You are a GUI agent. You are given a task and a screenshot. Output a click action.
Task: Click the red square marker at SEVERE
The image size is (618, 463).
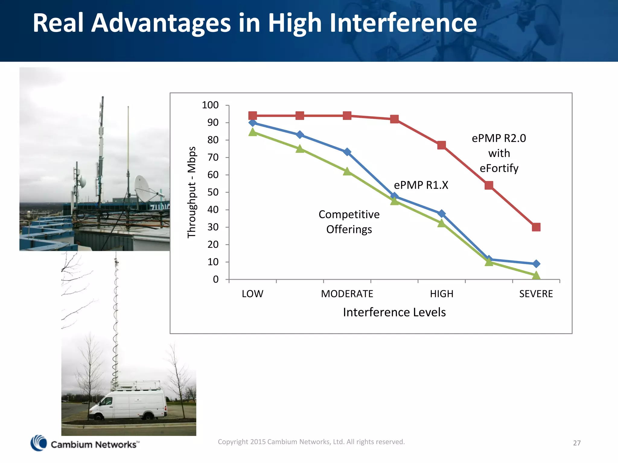pyautogui.click(x=536, y=227)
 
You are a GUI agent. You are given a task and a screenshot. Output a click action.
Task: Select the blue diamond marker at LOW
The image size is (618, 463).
pyautogui.click(x=253, y=123)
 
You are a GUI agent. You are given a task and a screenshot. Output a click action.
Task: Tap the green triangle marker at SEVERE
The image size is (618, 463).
pyautogui.click(x=536, y=275)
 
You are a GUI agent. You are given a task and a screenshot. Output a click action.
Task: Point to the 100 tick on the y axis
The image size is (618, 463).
pyautogui.click(x=210, y=105)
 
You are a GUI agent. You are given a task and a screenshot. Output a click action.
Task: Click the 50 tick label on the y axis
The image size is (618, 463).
pyautogui.click(x=213, y=192)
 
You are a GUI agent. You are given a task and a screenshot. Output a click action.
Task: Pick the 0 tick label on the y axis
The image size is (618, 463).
pyautogui.click(x=215, y=279)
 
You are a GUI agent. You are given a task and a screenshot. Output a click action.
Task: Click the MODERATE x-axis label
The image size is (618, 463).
pyautogui.click(x=347, y=294)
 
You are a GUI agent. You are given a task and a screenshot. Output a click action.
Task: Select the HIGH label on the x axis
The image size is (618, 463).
pyautogui.click(x=441, y=294)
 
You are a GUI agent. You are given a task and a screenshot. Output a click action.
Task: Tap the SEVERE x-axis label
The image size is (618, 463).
pyautogui.click(x=536, y=294)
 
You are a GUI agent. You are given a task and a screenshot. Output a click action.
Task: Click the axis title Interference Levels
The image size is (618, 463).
pyautogui.click(x=394, y=312)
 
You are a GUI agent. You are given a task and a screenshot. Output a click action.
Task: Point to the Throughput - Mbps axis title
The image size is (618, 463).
pyautogui.click(x=192, y=192)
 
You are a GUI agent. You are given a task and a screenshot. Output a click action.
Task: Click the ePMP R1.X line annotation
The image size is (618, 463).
pyautogui.click(x=421, y=185)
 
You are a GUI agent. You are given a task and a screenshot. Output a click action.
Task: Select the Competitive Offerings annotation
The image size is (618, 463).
pyautogui.click(x=349, y=222)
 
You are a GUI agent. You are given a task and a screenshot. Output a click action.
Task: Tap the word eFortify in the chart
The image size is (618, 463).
pyautogui.click(x=499, y=168)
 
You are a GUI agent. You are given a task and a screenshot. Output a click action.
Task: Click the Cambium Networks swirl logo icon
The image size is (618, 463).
pyautogui.click(x=39, y=443)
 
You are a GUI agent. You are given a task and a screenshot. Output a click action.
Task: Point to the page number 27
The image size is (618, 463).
pyautogui.click(x=577, y=443)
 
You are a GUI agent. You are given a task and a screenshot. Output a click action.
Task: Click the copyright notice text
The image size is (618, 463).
pyautogui.click(x=311, y=442)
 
